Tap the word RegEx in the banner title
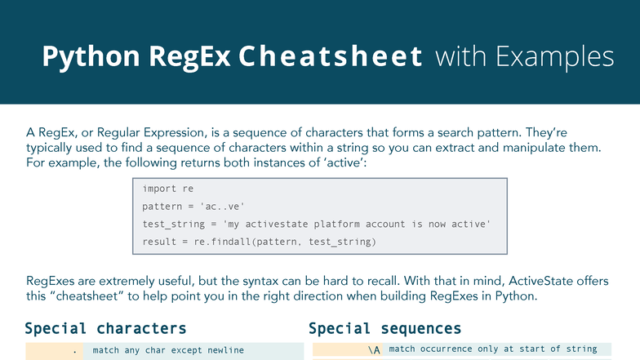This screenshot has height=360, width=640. [184, 56]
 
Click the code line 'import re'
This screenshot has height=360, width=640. [162, 189]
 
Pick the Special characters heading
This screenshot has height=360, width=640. [105, 329]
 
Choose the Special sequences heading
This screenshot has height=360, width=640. [384, 329]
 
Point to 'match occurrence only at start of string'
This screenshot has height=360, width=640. [492, 349]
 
